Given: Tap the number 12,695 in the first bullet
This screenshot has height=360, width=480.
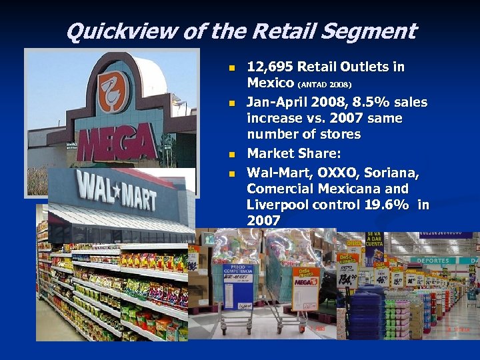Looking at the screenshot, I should [270, 67].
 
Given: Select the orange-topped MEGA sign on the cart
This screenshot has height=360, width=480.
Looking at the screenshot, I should [305, 279].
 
